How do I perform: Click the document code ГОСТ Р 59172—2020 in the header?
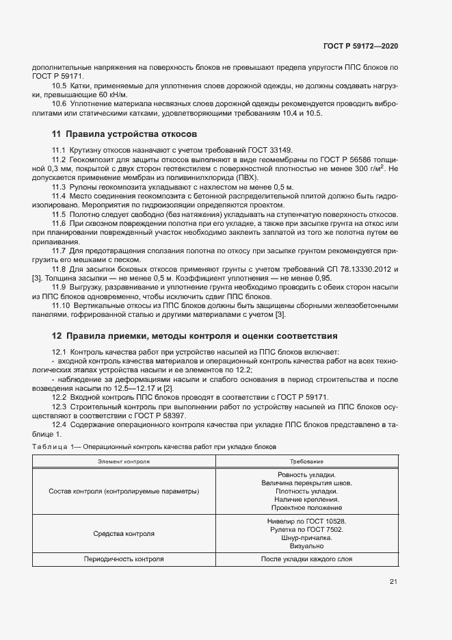(360, 47)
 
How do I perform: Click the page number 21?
(393, 582)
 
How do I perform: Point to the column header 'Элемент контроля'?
(124, 461)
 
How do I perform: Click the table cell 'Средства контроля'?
(124, 533)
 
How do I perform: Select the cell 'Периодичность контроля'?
(124, 559)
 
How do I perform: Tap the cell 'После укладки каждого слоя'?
(306, 559)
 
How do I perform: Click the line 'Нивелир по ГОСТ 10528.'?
(306, 521)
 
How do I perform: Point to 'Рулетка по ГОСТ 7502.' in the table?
(306, 529)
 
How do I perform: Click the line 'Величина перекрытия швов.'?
(306, 483)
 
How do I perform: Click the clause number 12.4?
(59, 425)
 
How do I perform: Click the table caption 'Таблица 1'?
(48, 446)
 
